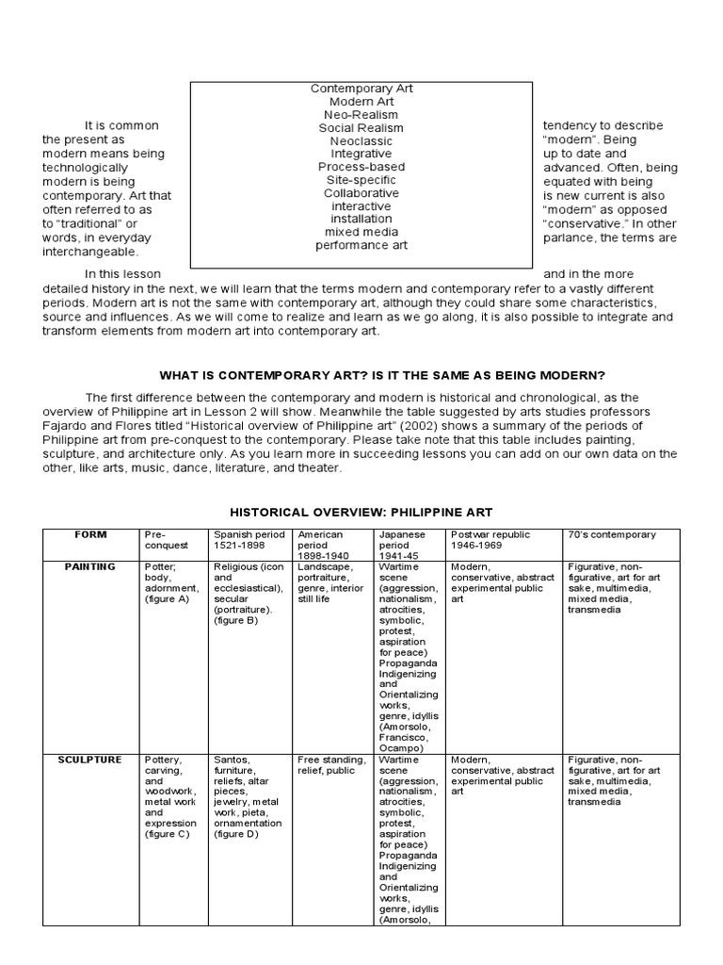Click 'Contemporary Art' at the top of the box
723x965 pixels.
[x=361, y=89]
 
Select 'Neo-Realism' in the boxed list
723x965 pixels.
[x=361, y=115]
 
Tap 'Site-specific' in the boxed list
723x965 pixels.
[x=361, y=180]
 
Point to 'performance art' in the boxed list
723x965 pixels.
[x=361, y=245]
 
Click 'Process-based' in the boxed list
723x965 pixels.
[x=361, y=167]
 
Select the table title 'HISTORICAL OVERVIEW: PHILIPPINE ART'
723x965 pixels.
[x=361, y=512]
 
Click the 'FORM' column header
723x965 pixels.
[x=90, y=535]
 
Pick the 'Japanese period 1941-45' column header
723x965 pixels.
[x=404, y=546]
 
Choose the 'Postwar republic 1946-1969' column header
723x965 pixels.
[x=490, y=540]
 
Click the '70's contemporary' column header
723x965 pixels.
[x=611, y=535]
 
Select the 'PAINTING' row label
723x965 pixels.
[x=90, y=567]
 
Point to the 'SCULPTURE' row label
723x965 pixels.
[x=90, y=761]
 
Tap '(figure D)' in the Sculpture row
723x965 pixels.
[x=235, y=834]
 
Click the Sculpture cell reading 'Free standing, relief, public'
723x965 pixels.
[x=330, y=765]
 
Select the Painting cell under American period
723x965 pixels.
[x=330, y=582]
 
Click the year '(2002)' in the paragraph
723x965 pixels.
[x=432, y=426]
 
